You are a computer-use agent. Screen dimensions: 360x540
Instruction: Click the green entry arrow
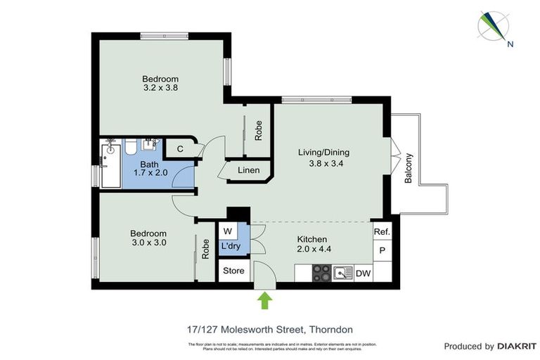(x=264, y=300)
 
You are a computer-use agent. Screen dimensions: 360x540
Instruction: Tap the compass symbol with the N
(x=496, y=27)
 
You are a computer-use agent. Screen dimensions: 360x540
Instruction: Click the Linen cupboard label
(x=248, y=170)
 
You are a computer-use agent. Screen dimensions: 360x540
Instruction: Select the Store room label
(x=233, y=271)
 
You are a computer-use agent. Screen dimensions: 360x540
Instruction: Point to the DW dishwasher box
(x=363, y=274)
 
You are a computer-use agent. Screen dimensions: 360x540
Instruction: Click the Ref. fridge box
(x=382, y=231)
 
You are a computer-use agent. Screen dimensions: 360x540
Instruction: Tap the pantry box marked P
(x=382, y=250)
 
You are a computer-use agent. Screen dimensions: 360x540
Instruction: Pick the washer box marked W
(x=227, y=231)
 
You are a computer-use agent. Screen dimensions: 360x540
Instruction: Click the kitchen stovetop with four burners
(x=321, y=272)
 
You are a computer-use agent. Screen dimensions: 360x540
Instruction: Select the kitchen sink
(x=343, y=273)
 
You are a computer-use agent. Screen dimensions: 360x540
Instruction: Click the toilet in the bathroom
(x=131, y=147)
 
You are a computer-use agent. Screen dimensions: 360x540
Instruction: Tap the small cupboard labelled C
(x=180, y=148)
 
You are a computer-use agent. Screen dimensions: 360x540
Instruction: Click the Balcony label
(x=409, y=168)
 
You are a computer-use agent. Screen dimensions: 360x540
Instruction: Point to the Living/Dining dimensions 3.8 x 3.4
(x=323, y=165)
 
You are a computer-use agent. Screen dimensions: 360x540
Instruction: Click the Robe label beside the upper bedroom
(x=259, y=130)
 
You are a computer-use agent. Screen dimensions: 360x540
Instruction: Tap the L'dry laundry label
(x=230, y=247)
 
